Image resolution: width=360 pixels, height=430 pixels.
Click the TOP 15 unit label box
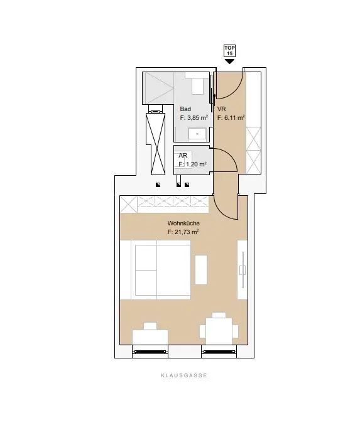pos(230,51)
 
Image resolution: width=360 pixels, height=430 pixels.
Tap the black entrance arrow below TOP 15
pos(230,62)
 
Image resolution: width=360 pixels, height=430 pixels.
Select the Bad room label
pos(185,109)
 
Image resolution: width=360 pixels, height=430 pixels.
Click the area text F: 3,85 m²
pos(194,118)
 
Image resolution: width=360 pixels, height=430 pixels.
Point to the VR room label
pos(221,109)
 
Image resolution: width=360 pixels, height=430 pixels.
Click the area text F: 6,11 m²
pos(231,118)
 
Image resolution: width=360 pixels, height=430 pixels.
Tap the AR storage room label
pos(183,156)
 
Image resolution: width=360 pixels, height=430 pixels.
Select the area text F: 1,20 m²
pos(192,164)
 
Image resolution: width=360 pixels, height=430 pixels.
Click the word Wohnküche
pos(183,223)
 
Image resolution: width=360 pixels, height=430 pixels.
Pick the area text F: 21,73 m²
pos(183,232)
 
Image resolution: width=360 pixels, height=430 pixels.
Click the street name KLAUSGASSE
pos(184,375)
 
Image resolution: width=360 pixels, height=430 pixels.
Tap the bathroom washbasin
pos(197,134)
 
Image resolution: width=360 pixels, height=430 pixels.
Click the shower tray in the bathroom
pos(158,88)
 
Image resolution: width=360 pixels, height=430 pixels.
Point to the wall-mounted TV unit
pos(243,270)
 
